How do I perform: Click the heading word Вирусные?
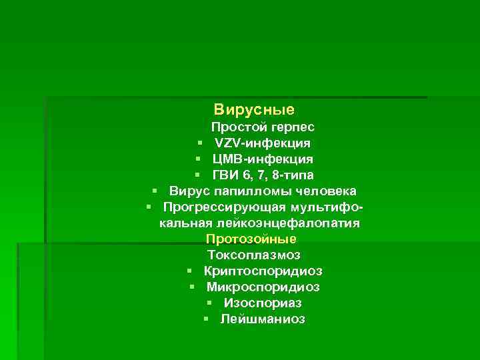[254, 109]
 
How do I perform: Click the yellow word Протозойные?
[251, 239]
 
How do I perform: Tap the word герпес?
[292, 127]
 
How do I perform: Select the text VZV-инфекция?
[262, 143]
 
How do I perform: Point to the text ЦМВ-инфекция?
[263, 159]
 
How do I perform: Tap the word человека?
[324, 191]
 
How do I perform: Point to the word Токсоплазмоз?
[254, 255]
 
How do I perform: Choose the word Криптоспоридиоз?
[263, 271]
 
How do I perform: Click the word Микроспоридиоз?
[263, 287]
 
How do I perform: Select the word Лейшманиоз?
[263, 319]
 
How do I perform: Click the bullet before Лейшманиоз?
[207, 319]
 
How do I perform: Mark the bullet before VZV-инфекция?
[200, 143]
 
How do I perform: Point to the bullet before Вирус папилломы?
[154, 191]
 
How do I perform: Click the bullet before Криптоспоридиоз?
[190, 271]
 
